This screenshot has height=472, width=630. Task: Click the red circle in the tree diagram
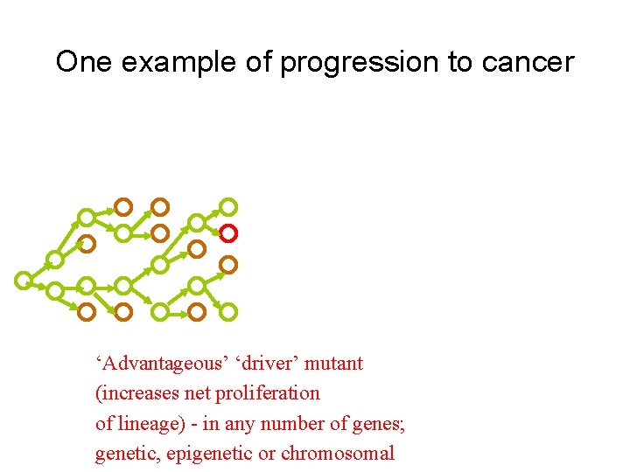227,233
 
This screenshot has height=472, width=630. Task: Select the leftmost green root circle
24,280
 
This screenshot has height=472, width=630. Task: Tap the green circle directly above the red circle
227,207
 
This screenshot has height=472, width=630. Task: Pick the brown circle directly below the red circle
227,262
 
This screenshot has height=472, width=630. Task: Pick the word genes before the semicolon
377,423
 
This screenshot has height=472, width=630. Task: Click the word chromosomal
339,454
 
